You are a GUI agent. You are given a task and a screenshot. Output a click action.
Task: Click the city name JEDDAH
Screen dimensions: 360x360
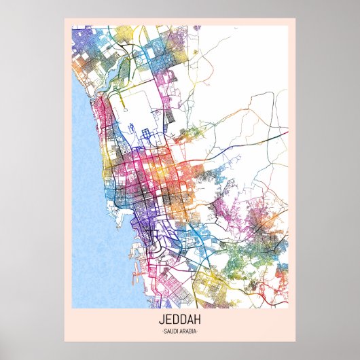point(179,319)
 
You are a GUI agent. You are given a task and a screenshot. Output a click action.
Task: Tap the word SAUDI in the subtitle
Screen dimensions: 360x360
point(171,331)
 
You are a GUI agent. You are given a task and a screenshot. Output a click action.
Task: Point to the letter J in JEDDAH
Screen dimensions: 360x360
point(162,319)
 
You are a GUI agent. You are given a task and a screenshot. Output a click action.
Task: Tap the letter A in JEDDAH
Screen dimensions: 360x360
point(190,319)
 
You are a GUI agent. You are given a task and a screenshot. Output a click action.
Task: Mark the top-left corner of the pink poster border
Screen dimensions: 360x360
point(65,19)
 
